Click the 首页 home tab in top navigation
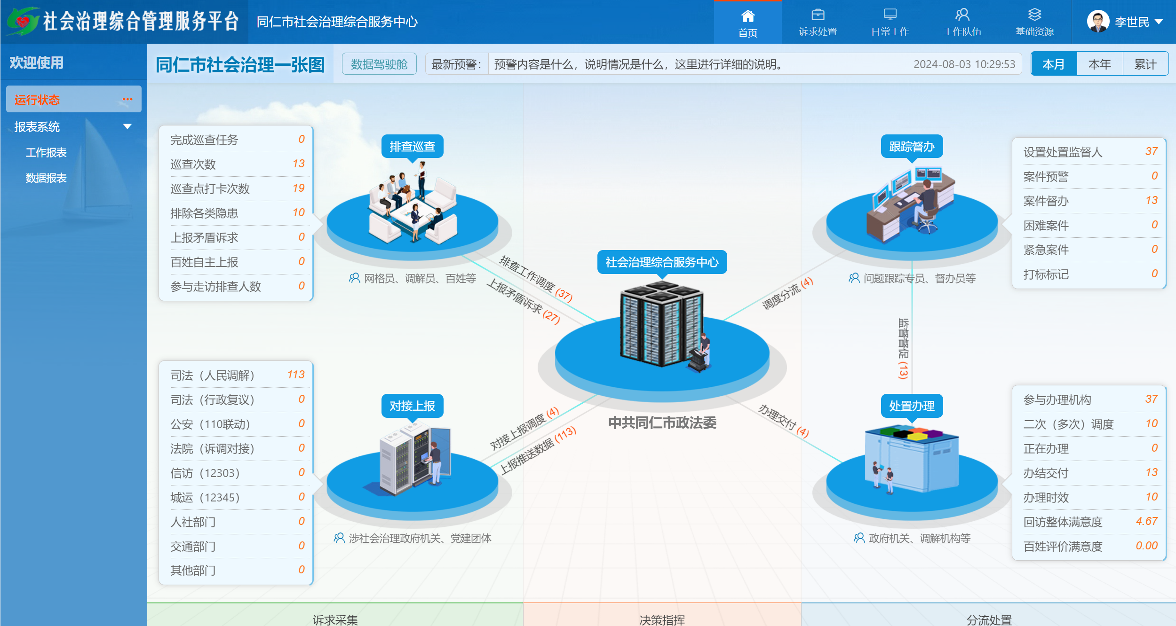(747, 23)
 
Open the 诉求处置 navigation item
(818, 23)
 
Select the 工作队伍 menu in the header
(962, 23)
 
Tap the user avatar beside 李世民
(1098, 22)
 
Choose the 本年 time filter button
(1099, 64)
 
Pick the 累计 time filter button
(1145, 64)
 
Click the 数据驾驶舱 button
(379, 64)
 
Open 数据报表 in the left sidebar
(46, 178)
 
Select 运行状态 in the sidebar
(37, 100)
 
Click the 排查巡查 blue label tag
(413, 147)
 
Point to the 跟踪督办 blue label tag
(912, 147)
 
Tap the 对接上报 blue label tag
(413, 406)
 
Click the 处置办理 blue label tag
(912, 406)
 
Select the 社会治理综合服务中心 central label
(662, 262)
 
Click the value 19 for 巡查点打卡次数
(299, 188)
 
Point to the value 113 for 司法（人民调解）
(296, 375)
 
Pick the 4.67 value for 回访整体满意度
(1146, 521)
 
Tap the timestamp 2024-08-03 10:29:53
(964, 64)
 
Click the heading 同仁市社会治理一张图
(240, 65)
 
